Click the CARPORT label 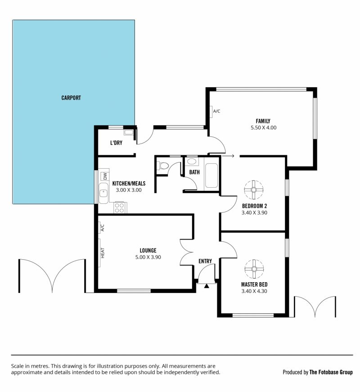tap(71, 98)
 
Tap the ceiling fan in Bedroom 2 tap(254, 190)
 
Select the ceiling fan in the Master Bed tap(254, 269)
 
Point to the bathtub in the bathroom tap(211, 176)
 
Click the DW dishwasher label tap(105, 176)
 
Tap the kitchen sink tap(103, 193)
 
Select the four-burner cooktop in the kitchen tap(120, 208)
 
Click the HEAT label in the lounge tap(103, 253)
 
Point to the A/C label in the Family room tap(217, 111)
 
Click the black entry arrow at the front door tap(207, 286)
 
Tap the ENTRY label tap(205, 261)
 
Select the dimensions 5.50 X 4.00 tap(264, 127)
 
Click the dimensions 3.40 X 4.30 tap(254, 291)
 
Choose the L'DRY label tap(116, 143)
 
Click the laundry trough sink tap(129, 132)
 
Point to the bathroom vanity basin tap(192, 161)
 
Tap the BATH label tap(194, 172)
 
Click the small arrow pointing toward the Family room tap(228, 156)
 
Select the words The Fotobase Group tap(331, 372)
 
